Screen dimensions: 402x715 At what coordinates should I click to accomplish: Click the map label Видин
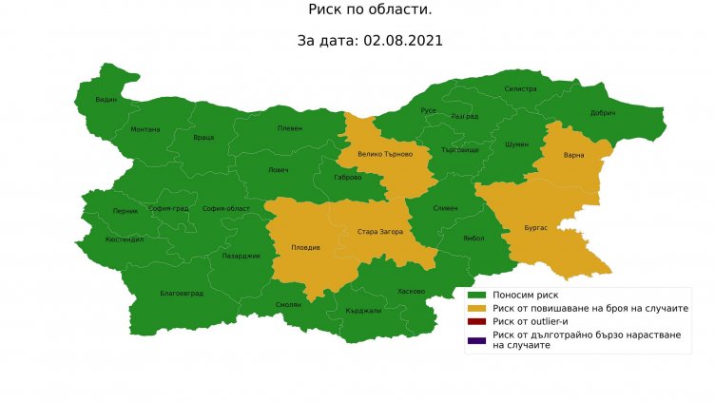[x=106, y=99]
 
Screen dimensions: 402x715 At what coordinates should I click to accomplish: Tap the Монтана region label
[x=145, y=129]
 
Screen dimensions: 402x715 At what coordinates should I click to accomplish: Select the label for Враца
[x=203, y=137]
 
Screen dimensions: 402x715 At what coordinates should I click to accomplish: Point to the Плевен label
[x=289, y=128]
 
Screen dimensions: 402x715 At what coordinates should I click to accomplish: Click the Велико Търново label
[x=385, y=154]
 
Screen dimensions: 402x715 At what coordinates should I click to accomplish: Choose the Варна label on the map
[x=573, y=154]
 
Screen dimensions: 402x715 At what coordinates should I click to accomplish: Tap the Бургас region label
[x=535, y=228]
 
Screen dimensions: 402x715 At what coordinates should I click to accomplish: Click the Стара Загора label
[x=380, y=231]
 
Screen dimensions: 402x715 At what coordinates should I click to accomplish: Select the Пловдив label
[x=304, y=248]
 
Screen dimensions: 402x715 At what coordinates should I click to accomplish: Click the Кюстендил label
[x=125, y=239]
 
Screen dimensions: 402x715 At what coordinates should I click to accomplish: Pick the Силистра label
[x=520, y=88]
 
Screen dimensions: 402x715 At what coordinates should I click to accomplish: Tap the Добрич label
[x=603, y=113]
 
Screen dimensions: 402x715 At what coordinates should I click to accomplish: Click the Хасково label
[x=412, y=291]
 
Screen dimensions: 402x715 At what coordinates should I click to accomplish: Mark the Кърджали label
[x=363, y=311]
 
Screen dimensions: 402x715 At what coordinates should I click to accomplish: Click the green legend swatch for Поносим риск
[x=476, y=296]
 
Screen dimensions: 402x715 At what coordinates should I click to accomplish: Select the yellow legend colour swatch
[x=476, y=309]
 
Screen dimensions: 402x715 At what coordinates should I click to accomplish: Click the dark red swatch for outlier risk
[x=476, y=322]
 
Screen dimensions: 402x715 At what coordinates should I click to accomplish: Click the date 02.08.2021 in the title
[x=403, y=42]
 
